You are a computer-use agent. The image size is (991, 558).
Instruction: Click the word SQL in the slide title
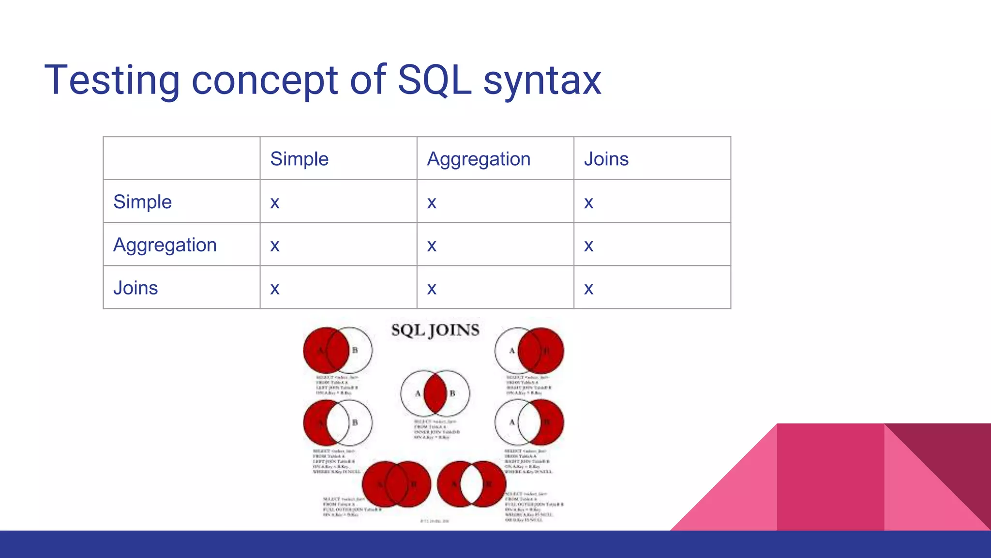[434, 80]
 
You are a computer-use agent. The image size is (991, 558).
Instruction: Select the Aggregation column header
[479, 159]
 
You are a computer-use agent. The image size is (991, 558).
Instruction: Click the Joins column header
[606, 159]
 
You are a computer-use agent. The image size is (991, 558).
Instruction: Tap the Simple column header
[299, 159]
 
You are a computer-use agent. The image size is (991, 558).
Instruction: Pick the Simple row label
[142, 202]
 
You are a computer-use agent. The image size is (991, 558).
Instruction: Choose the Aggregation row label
[165, 245]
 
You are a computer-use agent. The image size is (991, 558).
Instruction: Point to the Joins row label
[135, 288]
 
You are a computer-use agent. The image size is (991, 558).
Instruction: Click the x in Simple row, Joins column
[588, 203]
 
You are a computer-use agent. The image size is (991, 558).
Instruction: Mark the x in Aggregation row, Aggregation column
[432, 246]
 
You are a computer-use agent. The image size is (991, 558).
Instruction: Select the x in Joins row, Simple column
[275, 289]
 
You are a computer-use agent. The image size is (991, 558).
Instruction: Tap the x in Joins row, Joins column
[588, 289]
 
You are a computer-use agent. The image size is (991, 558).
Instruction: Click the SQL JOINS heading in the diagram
[435, 330]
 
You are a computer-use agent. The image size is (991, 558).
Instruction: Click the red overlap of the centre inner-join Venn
[435, 393]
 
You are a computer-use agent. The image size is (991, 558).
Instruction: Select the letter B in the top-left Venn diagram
[355, 350]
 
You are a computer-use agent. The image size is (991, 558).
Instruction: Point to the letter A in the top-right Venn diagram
[511, 350]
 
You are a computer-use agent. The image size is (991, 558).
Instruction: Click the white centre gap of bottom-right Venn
[472, 483]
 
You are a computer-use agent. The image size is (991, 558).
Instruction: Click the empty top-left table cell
[181, 158]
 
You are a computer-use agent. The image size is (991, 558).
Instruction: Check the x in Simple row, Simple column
[275, 203]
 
